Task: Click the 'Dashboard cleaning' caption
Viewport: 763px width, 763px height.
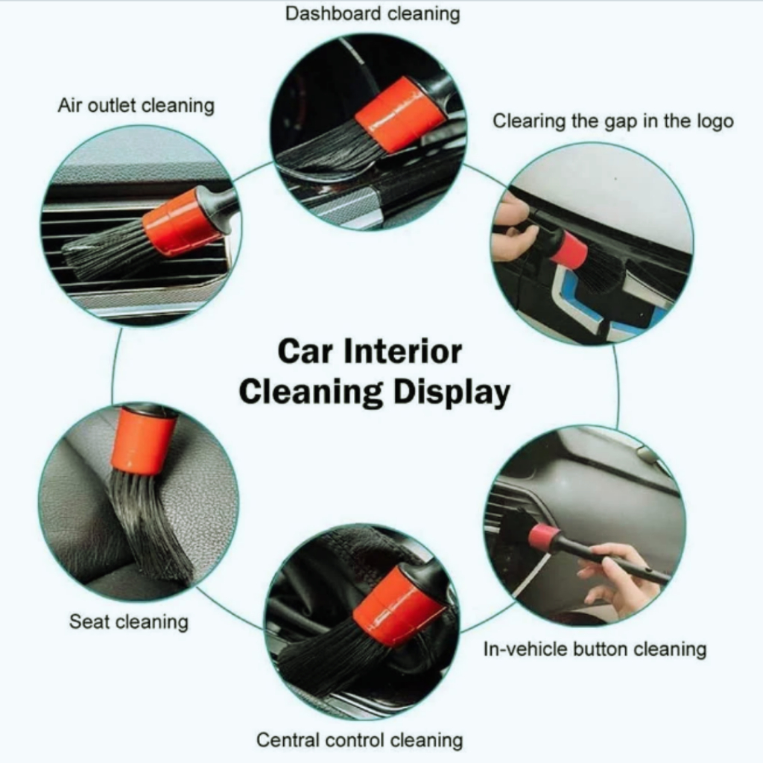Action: pos(373,14)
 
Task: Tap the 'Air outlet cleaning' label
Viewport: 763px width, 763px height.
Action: pos(136,106)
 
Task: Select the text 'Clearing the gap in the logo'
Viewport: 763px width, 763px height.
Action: pos(612,121)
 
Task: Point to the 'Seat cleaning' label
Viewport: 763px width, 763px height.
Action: pos(128,622)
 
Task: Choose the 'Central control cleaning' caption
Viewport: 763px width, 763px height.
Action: pos(360,740)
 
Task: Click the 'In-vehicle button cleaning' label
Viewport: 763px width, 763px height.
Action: pos(595,649)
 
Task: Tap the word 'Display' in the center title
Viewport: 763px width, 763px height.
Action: pos(451,393)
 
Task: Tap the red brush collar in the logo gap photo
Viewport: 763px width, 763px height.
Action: pos(569,249)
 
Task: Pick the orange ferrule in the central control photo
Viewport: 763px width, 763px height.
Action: pos(398,607)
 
